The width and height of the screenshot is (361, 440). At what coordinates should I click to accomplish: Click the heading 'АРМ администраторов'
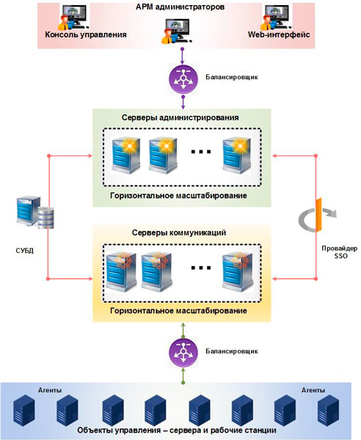pos(180,7)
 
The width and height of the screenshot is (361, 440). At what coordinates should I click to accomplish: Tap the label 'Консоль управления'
pos(86,34)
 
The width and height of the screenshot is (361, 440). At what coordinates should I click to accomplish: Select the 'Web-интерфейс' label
pos(279,34)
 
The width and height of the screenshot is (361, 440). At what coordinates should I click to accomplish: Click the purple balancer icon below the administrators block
pos(183,79)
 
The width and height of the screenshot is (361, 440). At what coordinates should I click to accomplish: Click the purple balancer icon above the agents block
pos(183,353)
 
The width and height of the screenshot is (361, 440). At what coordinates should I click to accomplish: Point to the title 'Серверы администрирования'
pos(180,117)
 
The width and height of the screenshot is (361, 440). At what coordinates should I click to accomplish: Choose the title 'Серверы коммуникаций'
pos(179,232)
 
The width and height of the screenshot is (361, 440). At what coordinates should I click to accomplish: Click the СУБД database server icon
pos(35,213)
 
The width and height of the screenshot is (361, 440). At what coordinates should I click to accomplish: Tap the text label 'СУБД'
pos(24,250)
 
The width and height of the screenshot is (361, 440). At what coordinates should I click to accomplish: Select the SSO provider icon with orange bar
pos(318,215)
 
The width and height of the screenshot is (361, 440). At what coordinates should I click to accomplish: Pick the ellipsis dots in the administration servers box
pos(201,152)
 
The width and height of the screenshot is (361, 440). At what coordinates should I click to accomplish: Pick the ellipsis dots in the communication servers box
pos(201,268)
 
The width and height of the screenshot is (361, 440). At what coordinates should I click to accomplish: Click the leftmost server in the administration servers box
pos(126,156)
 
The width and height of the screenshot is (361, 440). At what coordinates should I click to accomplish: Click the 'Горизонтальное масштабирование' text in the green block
pos(178,195)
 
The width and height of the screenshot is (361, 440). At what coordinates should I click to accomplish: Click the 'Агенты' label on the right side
pos(313,390)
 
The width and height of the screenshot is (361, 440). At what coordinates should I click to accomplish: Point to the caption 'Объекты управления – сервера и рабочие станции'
pos(177,430)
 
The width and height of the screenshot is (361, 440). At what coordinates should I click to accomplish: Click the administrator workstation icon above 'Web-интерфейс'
pos(277,17)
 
